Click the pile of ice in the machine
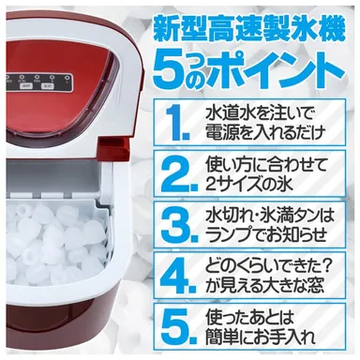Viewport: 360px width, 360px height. (x=56, y=239)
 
